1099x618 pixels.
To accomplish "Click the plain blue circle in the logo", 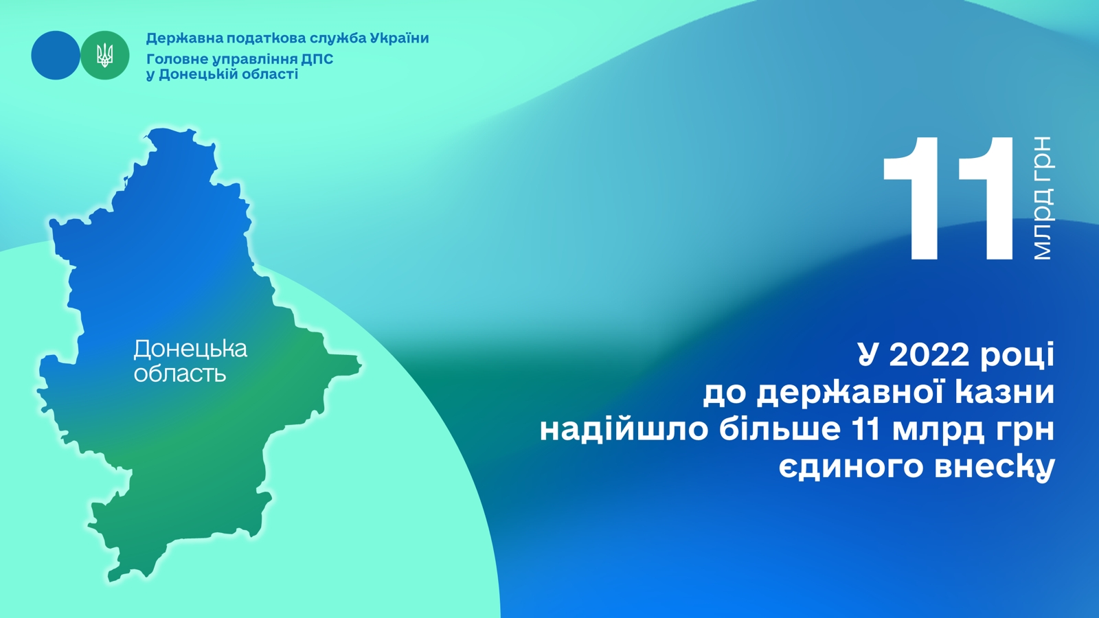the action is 56,56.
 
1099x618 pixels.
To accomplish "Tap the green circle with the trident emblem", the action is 105,56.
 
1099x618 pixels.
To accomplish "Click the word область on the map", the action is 180,374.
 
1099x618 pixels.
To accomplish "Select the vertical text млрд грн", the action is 1043,198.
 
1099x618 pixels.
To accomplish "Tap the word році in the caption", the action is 1017,356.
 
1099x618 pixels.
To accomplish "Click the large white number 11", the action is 948,198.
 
